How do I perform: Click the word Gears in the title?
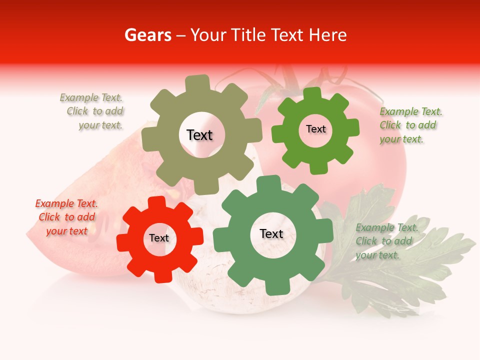click(147, 35)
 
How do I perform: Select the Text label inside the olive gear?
click(199, 135)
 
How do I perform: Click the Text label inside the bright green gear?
click(315, 129)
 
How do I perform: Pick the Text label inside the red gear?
click(159, 238)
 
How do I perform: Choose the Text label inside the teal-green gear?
click(271, 233)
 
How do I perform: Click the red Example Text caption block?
click(66, 217)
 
